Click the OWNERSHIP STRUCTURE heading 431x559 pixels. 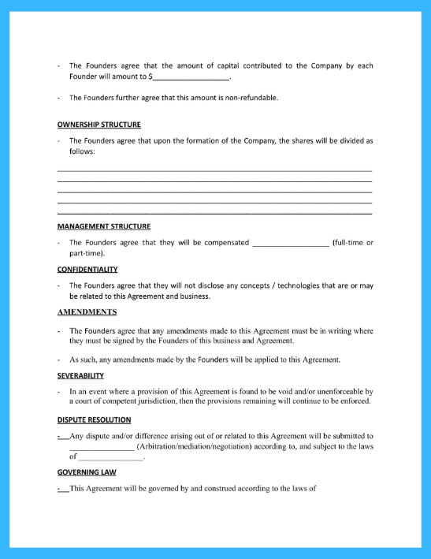click(99, 125)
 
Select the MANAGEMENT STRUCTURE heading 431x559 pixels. click(104, 226)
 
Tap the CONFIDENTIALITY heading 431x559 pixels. click(87, 269)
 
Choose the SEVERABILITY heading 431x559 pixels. click(80, 375)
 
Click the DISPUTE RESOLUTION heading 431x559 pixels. click(95, 419)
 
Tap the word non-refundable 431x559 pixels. click(249, 98)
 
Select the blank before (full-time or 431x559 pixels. click(290, 243)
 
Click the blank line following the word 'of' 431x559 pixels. click(111, 457)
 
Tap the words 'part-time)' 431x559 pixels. click(87, 254)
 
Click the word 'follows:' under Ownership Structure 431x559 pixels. click(82, 151)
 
